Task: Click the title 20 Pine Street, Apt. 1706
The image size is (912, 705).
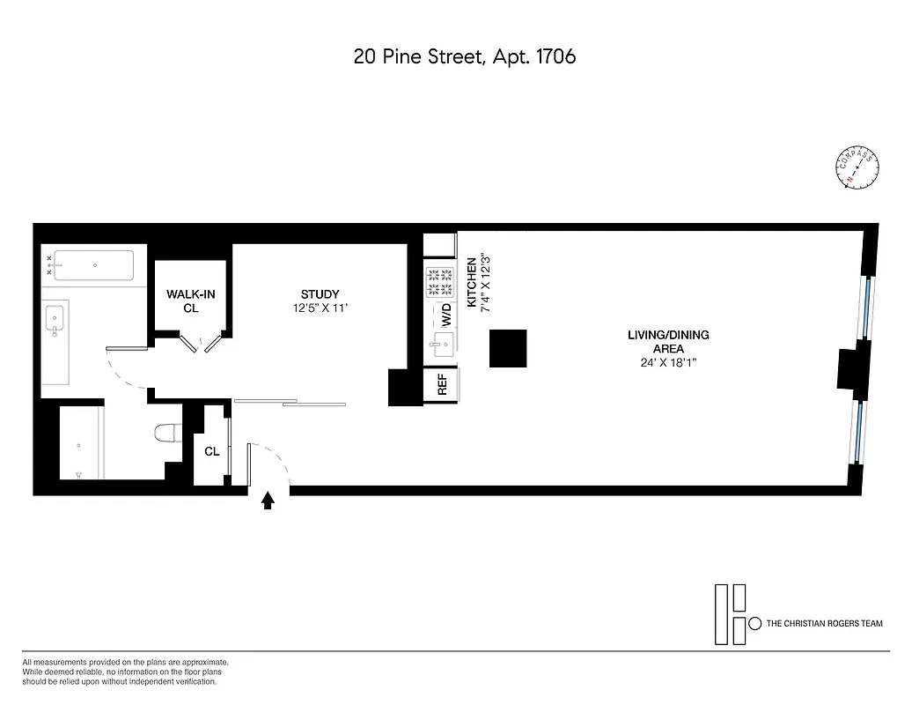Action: pos(464,56)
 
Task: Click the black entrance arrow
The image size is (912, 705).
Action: pos(268,501)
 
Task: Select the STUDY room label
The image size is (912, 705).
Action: pos(320,294)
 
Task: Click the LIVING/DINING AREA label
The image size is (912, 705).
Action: pos(668,342)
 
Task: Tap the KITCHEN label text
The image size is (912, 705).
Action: pos(472,282)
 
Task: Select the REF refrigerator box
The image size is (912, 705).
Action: pos(442,384)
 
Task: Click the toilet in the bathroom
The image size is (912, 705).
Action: pos(166,433)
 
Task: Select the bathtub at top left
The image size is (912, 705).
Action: pos(94,264)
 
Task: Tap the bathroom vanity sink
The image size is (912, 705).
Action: pos(55,316)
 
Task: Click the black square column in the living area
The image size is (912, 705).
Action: pos(508,348)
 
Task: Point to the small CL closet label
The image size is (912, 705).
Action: pos(211,451)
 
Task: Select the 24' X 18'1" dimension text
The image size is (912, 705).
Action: pos(668,362)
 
